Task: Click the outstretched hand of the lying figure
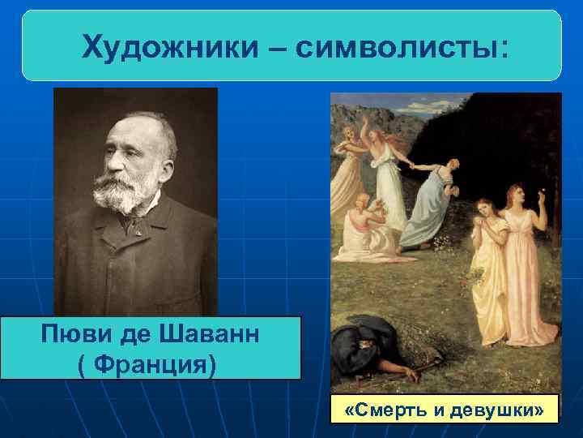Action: (411, 376)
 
